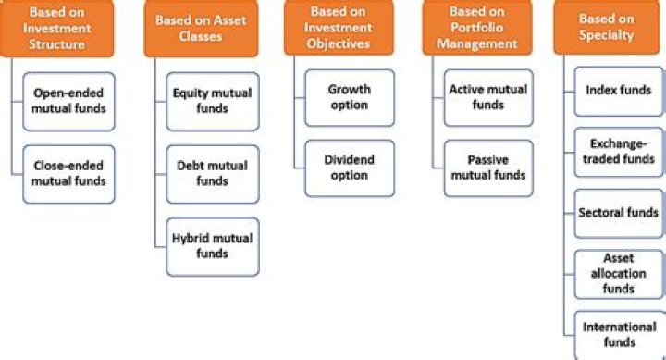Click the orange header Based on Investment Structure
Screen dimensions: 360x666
click(x=65, y=28)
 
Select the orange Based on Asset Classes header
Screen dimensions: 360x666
click(x=201, y=29)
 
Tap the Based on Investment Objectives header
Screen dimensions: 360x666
click(x=339, y=29)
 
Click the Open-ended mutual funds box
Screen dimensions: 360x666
click(x=69, y=101)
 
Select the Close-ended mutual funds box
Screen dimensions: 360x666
click(x=69, y=173)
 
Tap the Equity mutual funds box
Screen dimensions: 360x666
click(x=213, y=101)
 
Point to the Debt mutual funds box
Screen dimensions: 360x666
click(x=213, y=173)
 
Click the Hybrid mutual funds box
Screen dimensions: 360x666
click(x=213, y=245)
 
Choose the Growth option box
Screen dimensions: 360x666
click(x=349, y=97)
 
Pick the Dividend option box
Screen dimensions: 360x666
click(x=349, y=168)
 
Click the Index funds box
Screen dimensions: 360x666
click(x=618, y=91)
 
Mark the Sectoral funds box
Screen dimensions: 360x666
click(x=618, y=213)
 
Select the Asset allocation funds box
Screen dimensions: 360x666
click(x=618, y=273)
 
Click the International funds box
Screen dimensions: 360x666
click(x=618, y=334)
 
